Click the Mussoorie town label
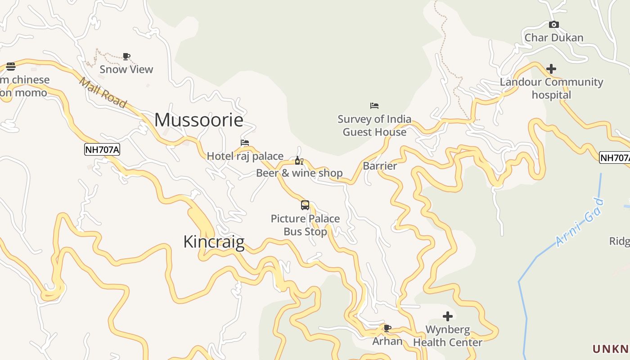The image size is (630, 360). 199,120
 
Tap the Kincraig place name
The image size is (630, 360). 214,242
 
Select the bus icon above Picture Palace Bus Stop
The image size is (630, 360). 305,205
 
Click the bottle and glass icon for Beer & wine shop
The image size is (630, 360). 299,161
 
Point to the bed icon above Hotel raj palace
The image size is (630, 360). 245,143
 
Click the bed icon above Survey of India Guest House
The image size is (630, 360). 374,106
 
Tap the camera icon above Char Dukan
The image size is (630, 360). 554,24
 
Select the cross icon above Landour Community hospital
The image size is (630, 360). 551,69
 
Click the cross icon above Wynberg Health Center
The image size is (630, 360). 447,316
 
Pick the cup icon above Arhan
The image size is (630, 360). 387,328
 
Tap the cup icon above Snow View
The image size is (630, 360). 126,56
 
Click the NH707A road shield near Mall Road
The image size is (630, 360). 102,149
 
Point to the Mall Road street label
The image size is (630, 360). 103,93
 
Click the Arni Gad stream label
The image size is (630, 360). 579,222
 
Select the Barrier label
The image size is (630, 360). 380,166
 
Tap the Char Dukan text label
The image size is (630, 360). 554,37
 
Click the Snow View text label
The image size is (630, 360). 126,69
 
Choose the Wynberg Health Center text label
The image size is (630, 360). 448,336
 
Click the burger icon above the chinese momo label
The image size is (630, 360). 11,67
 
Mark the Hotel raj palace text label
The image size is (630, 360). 245,156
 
